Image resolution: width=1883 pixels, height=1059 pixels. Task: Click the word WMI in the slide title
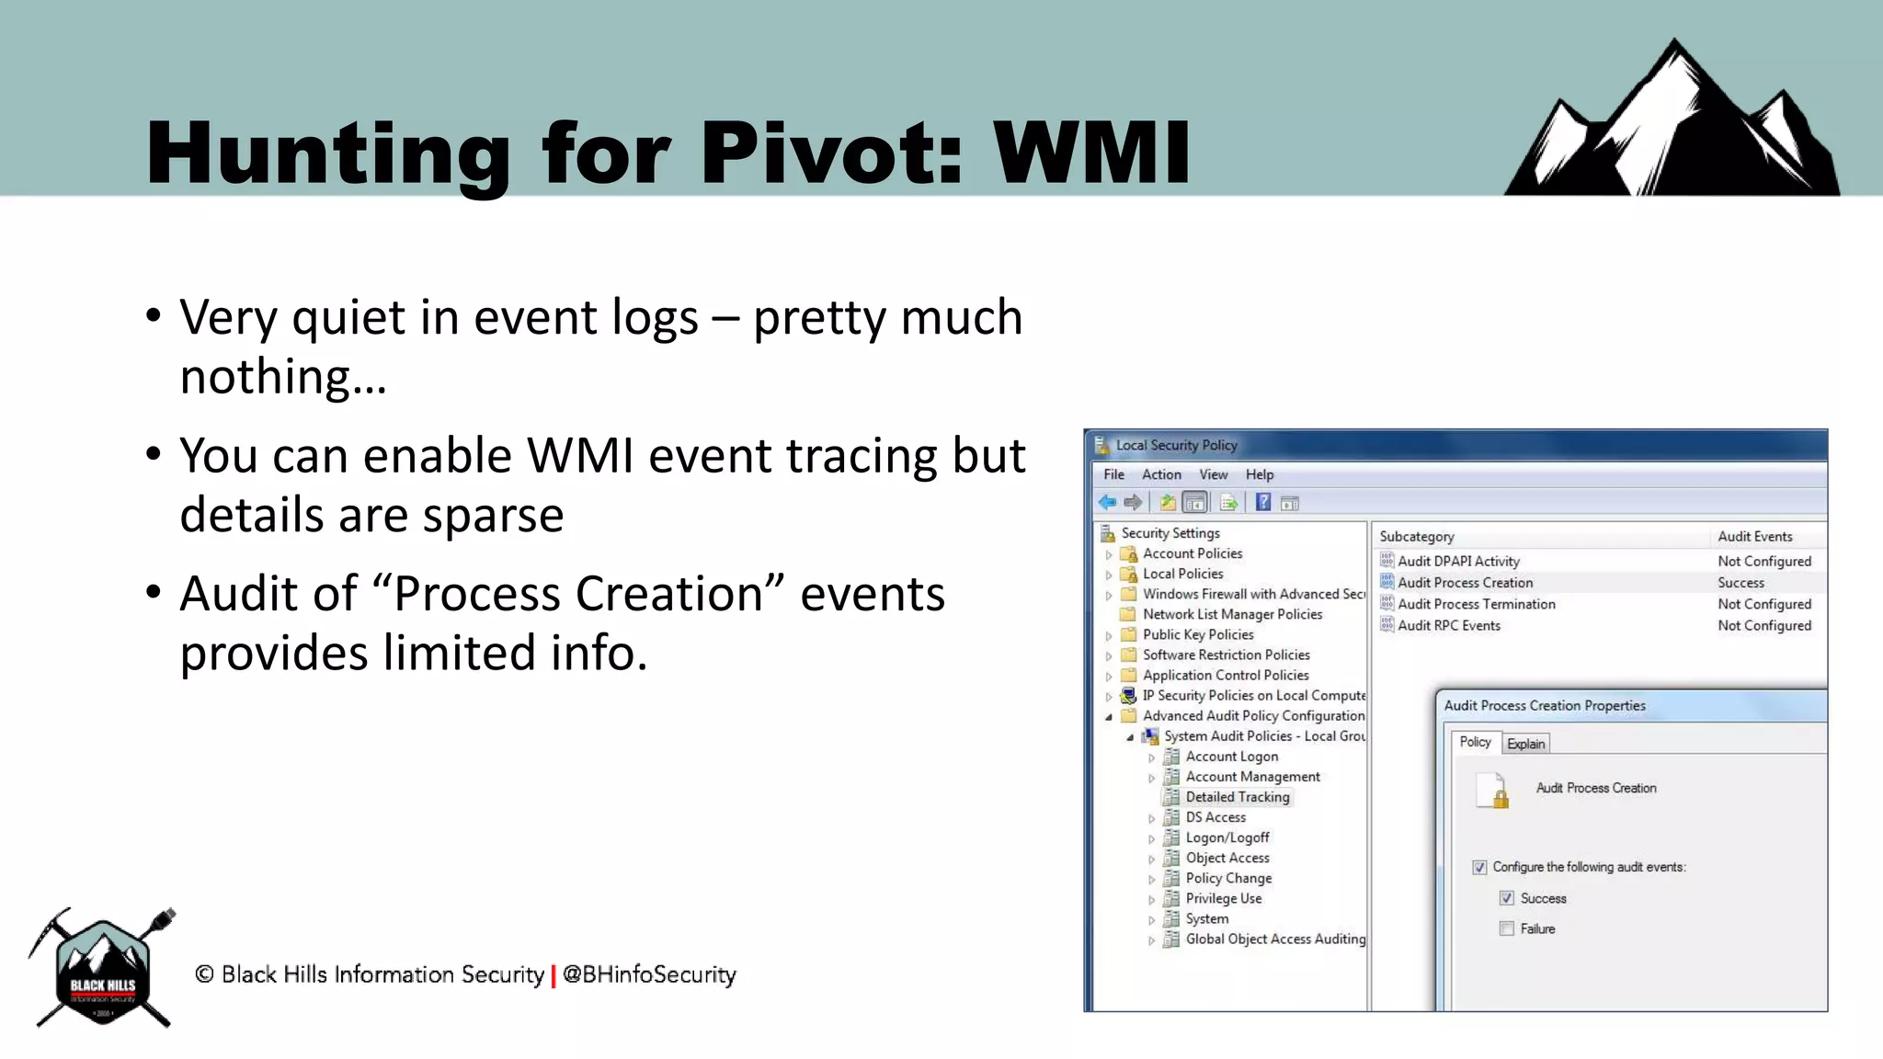(x=1091, y=153)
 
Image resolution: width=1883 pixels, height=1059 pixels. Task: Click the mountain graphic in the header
(x=1672, y=124)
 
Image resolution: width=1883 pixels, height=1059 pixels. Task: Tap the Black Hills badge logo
(x=102, y=969)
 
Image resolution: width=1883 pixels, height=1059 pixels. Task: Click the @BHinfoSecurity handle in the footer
(x=649, y=974)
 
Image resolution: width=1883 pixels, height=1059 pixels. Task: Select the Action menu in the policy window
(x=1161, y=474)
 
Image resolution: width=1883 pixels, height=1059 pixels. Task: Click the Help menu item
(x=1259, y=474)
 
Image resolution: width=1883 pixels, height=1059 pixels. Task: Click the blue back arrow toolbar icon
(x=1107, y=502)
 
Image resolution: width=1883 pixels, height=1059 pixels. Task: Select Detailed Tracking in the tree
(x=1237, y=797)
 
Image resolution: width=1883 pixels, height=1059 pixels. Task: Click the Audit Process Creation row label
(x=1465, y=583)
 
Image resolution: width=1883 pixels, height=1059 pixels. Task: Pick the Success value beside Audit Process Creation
(x=1740, y=583)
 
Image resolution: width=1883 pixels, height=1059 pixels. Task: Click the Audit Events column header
(x=1754, y=537)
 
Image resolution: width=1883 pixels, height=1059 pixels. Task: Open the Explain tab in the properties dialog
(x=1525, y=744)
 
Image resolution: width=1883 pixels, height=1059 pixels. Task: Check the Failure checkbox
(x=1506, y=928)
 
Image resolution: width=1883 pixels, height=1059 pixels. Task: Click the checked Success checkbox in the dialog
(x=1506, y=898)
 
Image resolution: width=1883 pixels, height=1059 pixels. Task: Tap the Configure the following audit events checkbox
(x=1479, y=867)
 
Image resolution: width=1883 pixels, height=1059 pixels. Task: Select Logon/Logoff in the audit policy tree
(x=1227, y=837)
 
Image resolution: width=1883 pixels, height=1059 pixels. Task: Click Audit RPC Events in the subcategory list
(x=1448, y=626)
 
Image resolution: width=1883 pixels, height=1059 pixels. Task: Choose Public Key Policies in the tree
(x=1197, y=634)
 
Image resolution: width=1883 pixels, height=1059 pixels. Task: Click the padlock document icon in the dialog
(x=1492, y=790)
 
